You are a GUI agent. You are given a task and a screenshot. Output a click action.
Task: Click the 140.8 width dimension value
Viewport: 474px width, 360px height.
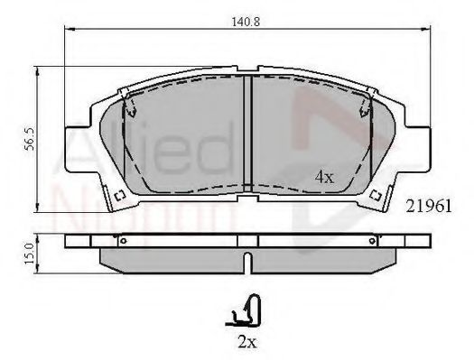click(246, 22)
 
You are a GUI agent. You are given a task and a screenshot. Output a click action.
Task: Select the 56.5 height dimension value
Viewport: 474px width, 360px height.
click(30, 139)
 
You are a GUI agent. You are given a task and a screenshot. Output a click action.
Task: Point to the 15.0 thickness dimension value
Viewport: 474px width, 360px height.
click(30, 254)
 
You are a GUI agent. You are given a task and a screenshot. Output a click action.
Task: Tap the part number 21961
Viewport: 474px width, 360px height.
click(428, 207)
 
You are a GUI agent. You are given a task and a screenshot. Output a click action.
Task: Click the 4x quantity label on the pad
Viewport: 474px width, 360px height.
click(324, 177)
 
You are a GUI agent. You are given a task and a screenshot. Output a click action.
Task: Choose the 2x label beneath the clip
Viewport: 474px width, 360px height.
click(247, 342)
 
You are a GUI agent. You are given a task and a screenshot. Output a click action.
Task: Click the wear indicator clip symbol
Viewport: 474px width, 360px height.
click(244, 310)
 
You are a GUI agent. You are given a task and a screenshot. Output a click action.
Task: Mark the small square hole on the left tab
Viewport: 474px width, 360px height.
click(120, 195)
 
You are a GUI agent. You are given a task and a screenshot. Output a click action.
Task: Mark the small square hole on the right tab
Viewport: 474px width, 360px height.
click(376, 195)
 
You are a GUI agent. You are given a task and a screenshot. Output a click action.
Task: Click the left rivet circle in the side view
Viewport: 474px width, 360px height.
click(123, 241)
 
